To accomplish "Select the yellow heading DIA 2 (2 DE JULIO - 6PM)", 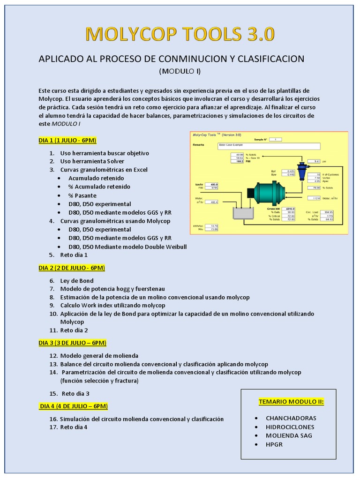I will coord(72,268).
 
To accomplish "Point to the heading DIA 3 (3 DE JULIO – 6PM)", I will coord(73,343).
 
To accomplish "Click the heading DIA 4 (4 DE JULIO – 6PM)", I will coord(74,406).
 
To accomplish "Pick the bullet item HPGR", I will coord(274,444).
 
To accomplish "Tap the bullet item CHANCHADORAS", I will coord(291,418).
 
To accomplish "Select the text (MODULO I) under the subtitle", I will coord(180,71).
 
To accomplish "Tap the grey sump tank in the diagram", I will coord(243,213).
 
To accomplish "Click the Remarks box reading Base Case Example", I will coord(249,145).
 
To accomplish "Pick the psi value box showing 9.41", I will coord(317,161).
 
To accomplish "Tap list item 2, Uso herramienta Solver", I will coord(92,161).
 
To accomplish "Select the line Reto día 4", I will coord(74,427).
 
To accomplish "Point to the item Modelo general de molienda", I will coord(99,356).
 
